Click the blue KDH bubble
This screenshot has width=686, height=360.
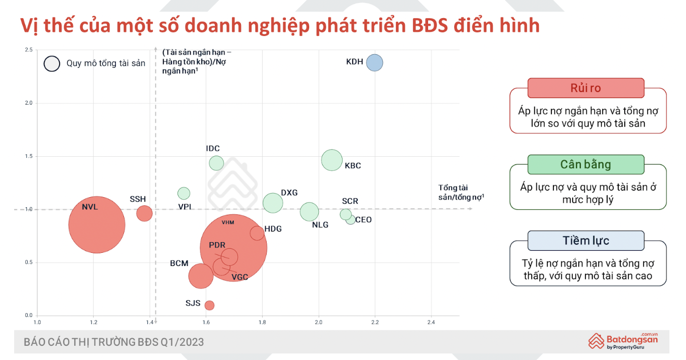coord(374,63)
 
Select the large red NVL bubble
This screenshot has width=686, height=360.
coord(97,224)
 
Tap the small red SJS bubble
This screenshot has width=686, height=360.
coord(209,305)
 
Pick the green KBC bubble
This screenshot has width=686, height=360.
coord(332,160)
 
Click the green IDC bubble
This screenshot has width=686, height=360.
coord(217,163)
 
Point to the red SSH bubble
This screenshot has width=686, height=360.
coord(144,213)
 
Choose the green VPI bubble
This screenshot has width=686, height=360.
coord(184,193)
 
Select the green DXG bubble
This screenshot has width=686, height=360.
coord(273,203)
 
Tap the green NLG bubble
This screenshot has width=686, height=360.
coord(309,211)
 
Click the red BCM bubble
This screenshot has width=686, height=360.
coord(200,276)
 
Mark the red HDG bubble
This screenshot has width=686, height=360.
coord(257,233)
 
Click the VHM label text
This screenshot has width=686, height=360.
coord(228,222)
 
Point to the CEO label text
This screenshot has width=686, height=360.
coord(363,220)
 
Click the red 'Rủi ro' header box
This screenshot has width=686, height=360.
coord(585,88)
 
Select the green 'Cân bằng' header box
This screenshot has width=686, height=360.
coord(585,164)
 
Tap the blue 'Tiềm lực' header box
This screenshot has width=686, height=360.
coord(585,241)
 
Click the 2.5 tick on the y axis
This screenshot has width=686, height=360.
coord(29,50)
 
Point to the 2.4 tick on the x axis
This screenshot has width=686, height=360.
coord(431,322)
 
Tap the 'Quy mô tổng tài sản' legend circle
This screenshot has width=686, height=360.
coord(52,63)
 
